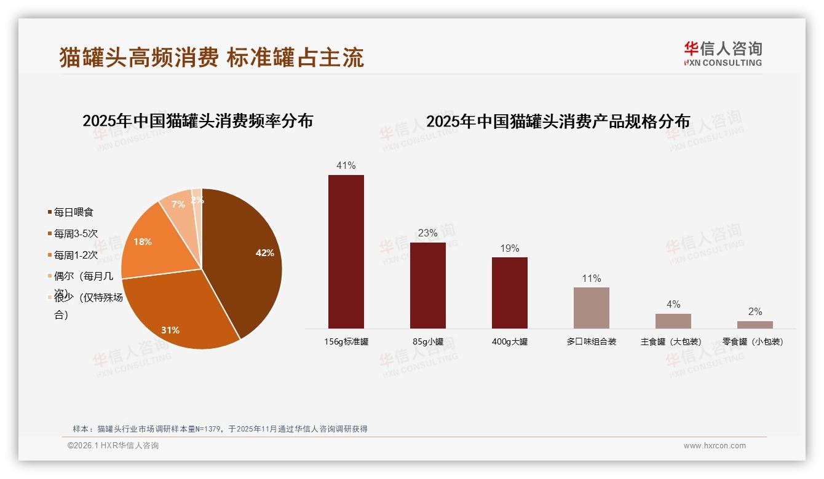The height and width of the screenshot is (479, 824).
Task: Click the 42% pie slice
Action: coord(246,258)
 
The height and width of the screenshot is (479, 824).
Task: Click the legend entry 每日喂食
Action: coord(73,212)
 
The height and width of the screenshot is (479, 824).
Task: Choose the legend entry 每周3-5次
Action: coord(76,233)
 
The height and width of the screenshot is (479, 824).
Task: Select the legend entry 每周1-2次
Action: coord(76,255)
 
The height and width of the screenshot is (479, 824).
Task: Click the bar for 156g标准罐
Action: coord(346,252)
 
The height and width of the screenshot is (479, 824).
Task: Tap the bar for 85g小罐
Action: coord(428,286)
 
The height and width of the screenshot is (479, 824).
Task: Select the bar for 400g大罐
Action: coord(510,293)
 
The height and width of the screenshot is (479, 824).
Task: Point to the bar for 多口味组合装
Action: coord(592,308)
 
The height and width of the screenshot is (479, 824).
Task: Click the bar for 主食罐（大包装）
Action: coord(673,321)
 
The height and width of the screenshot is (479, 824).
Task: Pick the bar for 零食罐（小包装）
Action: coord(755,325)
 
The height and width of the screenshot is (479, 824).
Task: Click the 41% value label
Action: coord(346,165)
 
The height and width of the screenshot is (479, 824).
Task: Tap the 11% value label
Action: coord(592,278)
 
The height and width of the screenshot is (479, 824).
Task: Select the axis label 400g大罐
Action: coord(510,341)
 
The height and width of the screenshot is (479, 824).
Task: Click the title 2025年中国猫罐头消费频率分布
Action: coord(198,121)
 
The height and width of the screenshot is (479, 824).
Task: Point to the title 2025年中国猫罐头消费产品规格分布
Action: coord(558,122)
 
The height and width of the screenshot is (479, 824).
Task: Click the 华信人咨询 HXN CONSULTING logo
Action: coord(723,53)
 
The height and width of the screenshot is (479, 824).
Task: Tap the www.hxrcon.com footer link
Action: coord(715,446)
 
